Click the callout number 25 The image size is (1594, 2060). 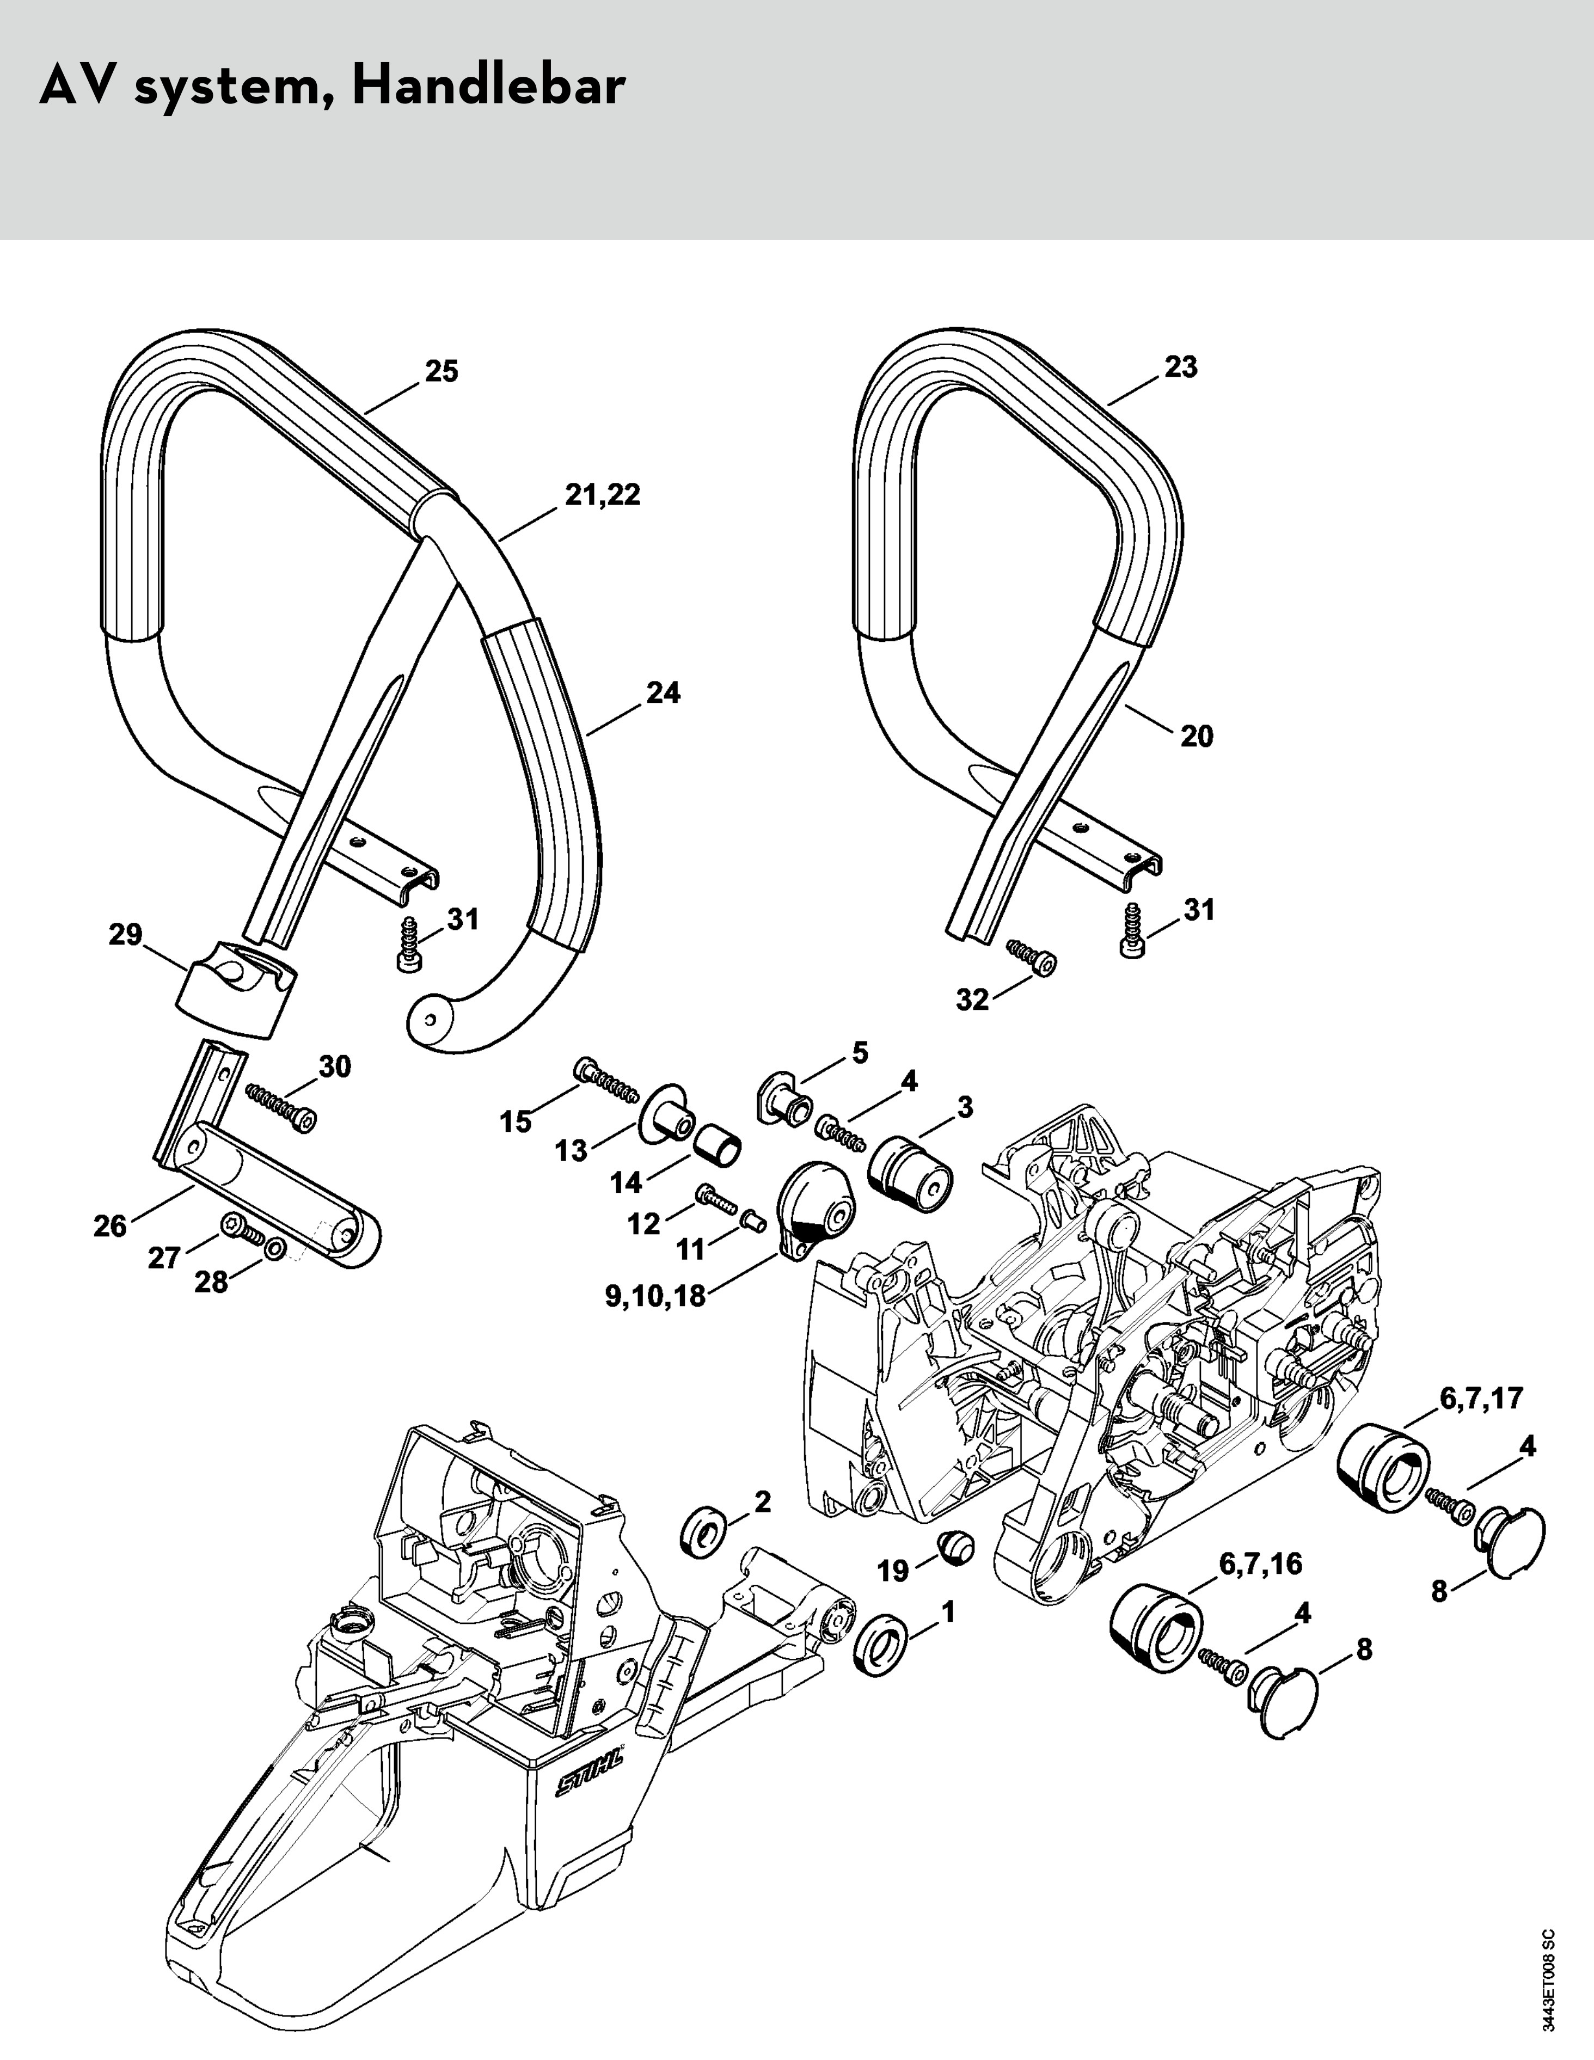pyautogui.click(x=440, y=372)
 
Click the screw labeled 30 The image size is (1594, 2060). pyautogui.click(x=281, y=1106)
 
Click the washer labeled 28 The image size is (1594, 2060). pyautogui.click(x=273, y=1250)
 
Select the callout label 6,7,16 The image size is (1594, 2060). pyautogui.click(x=1260, y=1564)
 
